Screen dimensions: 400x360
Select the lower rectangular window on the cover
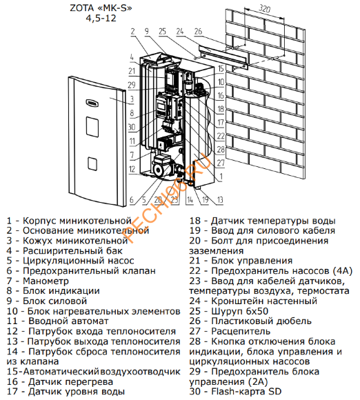(91, 163)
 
